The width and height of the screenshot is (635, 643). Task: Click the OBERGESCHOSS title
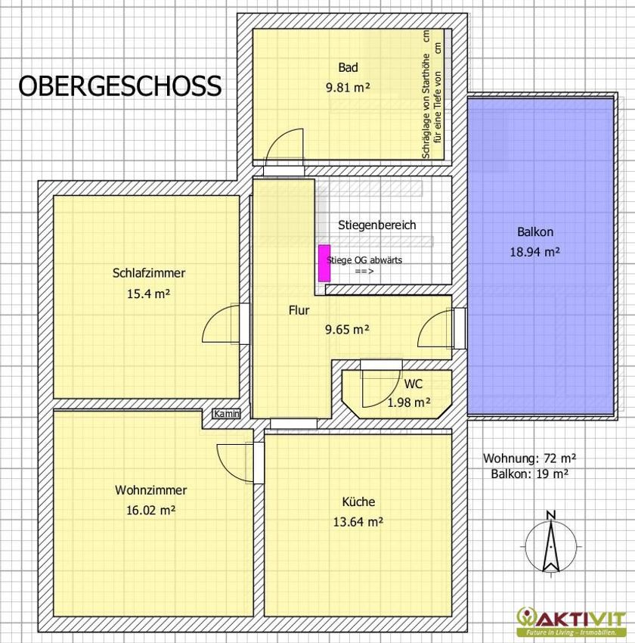click(x=120, y=86)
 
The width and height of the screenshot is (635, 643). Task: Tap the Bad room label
click(x=348, y=67)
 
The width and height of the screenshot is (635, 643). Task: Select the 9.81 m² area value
click(x=348, y=87)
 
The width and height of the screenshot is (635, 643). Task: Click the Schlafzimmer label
click(x=149, y=273)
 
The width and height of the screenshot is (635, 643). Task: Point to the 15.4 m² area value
click(x=148, y=294)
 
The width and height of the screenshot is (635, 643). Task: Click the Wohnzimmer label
click(x=150, y=490)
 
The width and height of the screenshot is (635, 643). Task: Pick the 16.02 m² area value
click(x=150, y=510)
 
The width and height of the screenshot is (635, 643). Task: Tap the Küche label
click(x=358, y=502)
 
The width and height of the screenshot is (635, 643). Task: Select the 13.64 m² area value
click(x=358, y=522)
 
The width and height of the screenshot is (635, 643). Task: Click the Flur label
click(x=299, y=310)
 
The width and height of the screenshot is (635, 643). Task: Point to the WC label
click(x=413, y=384)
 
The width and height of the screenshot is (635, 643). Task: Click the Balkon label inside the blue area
click(x=535, y=232)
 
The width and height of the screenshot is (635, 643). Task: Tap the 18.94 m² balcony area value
click(x=534, y=252)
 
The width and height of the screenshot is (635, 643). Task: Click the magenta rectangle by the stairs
click(x=324, y=263)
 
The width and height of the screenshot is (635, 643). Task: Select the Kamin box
click(x=226, y=414)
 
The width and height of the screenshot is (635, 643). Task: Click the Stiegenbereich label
click(x=377, y=225)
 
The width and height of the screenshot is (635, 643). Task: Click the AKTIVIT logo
click(x=571, y=620)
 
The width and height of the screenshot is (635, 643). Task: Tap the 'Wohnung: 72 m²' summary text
click(x=529, y=458)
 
